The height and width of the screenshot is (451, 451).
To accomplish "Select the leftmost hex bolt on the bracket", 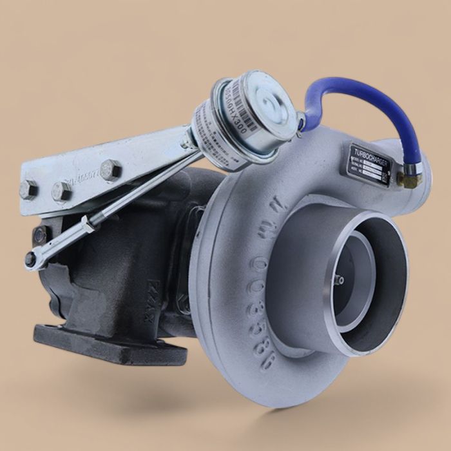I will pyautogui.click(x=28, y=189).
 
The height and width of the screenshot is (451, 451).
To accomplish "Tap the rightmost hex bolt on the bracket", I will pyautogui.click(x=110, y=170).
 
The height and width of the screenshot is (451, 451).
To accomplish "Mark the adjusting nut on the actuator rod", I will pyautogui.click(x=87, y=225).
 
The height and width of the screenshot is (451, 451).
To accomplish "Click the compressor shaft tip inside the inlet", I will pyautogui.click(x=340, y=280).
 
